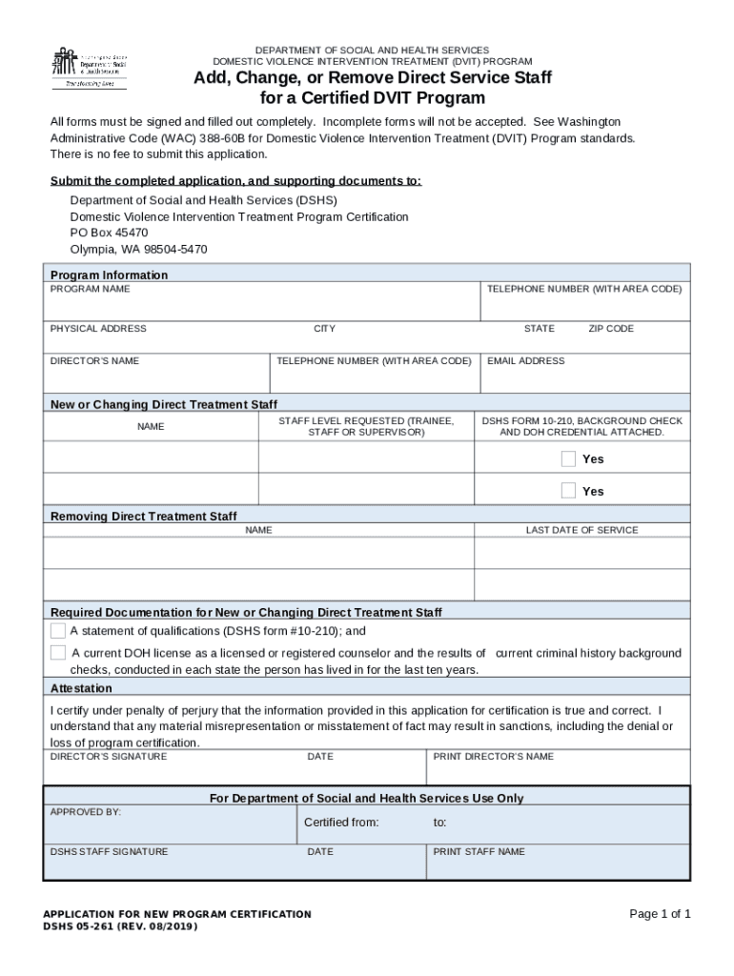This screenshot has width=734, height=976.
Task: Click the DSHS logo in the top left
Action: (x=89, y=67)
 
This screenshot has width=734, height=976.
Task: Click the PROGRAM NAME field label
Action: (x=91, y=289)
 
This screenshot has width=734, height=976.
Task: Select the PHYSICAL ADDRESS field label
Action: (x=98, y=329)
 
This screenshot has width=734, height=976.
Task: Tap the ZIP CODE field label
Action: (x=610, y=329)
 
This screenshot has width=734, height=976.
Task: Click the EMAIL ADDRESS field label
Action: (x=525, y=361)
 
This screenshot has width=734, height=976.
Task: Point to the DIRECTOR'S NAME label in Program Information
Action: (x=94, y=361)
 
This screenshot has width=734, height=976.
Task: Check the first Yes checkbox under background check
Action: (x=568, y=459)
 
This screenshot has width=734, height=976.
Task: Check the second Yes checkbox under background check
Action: (x=568, y=491)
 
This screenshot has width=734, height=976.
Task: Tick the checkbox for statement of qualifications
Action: (x=58, y=631)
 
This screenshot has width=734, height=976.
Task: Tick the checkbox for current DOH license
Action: (x=58, y=653)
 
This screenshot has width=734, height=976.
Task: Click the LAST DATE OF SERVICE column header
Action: (x=581, y=530)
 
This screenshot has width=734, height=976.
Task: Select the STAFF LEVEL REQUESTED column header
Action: (x=366, y=426)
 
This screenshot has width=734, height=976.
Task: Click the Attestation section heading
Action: (x=81, y=688)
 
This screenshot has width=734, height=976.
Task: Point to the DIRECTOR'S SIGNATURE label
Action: (x=109, y=757)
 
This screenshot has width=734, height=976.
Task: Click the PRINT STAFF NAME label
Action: (x=479, y=852)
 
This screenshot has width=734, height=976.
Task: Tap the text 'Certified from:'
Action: (x=341, y=823)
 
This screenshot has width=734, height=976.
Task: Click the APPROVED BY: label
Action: (x=86, y=812)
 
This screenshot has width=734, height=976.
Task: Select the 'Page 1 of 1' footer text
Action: (x=660, y=914)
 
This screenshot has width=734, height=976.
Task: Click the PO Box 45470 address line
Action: (x=109, y=233)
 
